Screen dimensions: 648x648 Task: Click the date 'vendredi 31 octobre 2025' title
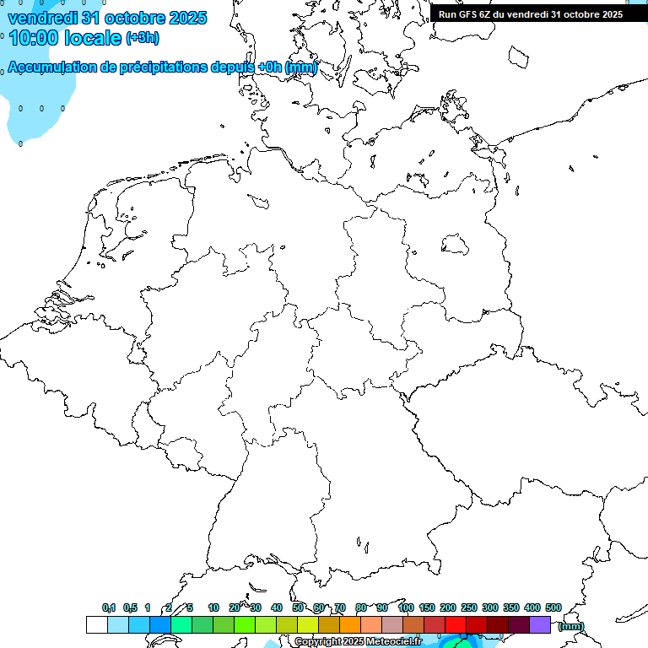[x=107, y=17]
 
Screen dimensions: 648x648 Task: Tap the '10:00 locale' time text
[x=66, y=36]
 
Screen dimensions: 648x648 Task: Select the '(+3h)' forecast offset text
[x=143, y=38]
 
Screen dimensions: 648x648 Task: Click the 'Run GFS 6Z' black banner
[x=531, y=13]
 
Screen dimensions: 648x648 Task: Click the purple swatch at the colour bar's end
[x=540, y=625]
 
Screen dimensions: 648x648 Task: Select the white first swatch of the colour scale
[x=97, y=625]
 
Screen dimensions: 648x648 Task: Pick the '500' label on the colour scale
[x=553, y=607]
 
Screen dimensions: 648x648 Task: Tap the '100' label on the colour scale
[x=405, y=607]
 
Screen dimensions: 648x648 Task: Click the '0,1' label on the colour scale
[x=109, y=607]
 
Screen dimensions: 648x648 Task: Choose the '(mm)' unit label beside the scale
[x=571, y=626]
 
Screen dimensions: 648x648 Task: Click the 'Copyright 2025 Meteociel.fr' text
[x=358, y=642]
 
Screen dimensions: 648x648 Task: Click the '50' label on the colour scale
[x=298, y=607]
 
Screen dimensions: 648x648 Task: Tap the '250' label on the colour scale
[x=469, y=607]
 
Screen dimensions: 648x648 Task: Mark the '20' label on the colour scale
[x=235, y=607]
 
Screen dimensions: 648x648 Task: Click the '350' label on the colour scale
[x=511, y=607]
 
